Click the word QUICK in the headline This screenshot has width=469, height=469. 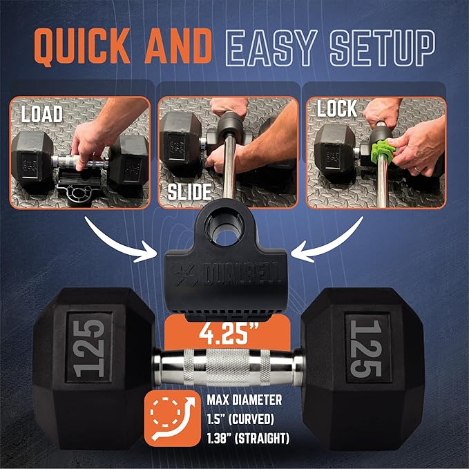click(x=83, y=46)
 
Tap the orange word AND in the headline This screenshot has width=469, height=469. click(x=178, y=46)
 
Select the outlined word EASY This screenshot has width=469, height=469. click(x=271, y=48)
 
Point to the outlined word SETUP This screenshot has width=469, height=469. click(x=382, y=48)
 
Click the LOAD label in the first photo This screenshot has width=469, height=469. click(x=42, y=114)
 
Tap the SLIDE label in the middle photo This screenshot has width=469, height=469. click(x=189, y=192)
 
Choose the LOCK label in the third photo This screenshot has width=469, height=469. click(x=337, y=108)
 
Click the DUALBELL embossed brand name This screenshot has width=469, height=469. click(x=242, y=274)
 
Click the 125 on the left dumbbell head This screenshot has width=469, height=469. click(x=89, y=347)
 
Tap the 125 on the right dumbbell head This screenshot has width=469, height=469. click(x=366, y=348)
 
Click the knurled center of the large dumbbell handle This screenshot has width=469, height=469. click(x=228, y=367)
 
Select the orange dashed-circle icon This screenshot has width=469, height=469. click(x=173, y=419)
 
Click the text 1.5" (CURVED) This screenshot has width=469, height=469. click(x=240, y=419)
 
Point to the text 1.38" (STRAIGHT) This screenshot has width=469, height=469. click(x=248, y=439)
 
